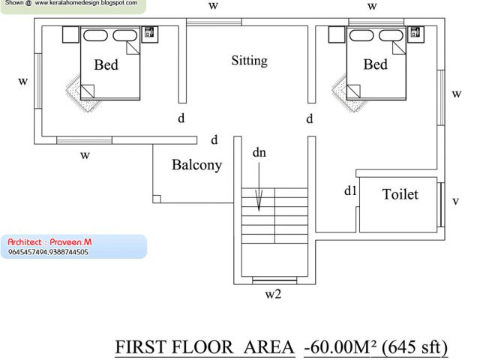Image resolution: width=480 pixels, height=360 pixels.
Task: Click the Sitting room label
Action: [249, 61]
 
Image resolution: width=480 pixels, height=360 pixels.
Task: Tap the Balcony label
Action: [196, 165]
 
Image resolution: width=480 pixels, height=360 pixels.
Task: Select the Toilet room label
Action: [400, 194]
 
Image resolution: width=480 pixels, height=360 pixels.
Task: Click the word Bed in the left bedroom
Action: [106, 64]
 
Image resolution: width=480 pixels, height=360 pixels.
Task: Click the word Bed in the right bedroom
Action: [375, 64]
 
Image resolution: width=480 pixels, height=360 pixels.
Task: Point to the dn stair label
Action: [259, 152]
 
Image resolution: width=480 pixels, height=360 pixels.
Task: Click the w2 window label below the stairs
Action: [273, 294]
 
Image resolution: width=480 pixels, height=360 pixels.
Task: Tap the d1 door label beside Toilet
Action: [350, 190]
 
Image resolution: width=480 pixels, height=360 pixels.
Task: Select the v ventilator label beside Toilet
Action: [455, 201]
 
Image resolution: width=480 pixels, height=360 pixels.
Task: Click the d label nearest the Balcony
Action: [214, 139]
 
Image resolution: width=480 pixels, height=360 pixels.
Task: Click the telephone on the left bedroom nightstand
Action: [149, 31]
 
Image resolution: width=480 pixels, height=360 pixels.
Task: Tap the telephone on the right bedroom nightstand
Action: [415, 31]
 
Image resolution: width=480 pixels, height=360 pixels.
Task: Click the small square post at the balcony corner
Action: [157, 199]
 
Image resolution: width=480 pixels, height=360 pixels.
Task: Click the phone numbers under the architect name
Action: [48, 252]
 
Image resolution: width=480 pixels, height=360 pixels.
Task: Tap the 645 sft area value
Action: [415, 347]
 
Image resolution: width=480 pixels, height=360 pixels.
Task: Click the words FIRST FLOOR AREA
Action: [205, 347]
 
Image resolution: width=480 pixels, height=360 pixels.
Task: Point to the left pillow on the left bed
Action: [95, 35]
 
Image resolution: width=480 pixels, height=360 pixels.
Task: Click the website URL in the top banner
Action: [86, 3]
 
